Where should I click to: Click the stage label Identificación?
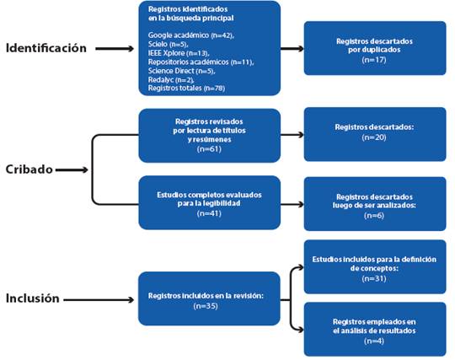click(46, 48)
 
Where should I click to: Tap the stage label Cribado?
click(29, 169)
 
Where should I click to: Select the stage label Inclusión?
click(33, 298)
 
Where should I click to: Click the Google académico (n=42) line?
click(191, 35)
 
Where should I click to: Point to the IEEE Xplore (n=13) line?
click(179, 53)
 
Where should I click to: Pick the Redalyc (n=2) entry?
click(171, 79)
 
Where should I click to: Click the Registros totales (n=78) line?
click(186, 88)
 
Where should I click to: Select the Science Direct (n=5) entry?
click(181, 71)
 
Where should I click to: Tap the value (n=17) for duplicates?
click(374, 60)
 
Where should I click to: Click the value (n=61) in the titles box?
click(209, 149)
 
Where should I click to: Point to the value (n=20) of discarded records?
click(374, 137)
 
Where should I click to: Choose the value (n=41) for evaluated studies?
click(209, 213)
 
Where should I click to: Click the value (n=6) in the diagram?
click(374, 216)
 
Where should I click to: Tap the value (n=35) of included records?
click(206, 306)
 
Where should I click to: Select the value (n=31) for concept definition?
click(374, 279)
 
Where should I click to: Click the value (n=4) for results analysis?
click(374, 341)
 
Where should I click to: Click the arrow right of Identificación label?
click(115, 49)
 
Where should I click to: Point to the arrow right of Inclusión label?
click(99, 299)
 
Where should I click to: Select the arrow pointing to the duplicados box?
click(292, 49)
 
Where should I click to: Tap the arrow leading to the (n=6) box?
click(292, 204)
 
